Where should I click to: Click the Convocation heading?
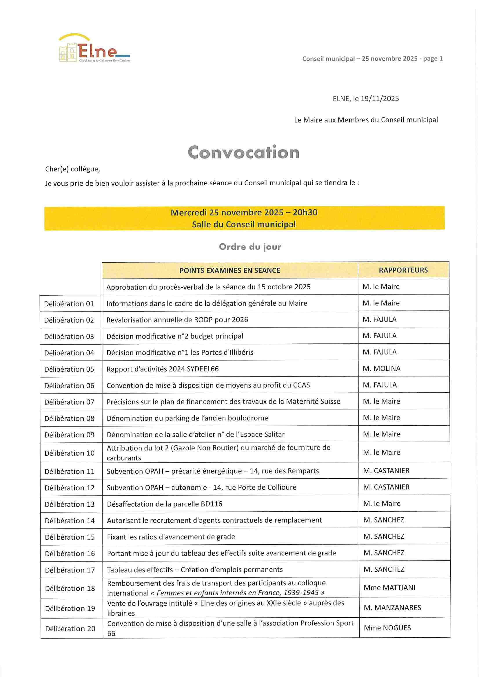tap(243, 152)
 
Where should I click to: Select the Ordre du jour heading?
tap(250, 246)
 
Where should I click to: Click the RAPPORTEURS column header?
tap(403, 270)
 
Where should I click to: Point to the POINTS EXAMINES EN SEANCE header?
tap(230, 270)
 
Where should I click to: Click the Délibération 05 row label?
tap(69, 369)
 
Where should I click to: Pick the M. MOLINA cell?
tap(382, 369)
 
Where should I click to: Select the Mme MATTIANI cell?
tap(389, 588)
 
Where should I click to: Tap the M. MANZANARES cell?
tap(392, 608)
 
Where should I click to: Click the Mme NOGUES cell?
tap(387, 628)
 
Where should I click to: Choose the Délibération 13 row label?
tap(70, 504)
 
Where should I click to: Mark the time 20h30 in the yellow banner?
tap(305, 212)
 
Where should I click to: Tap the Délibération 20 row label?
tap(70, 629)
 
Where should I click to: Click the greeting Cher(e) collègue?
tap(73, 169)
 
